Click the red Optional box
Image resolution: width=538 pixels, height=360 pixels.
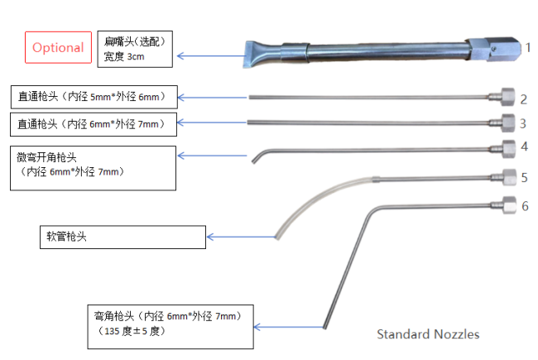click(58, 48)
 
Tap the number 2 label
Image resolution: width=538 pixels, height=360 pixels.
click(523, 99)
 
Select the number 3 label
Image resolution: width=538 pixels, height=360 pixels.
click(523, 124)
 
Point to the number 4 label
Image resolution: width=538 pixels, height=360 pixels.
click(524, 146)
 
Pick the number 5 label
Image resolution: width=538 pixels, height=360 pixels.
click(524, 177)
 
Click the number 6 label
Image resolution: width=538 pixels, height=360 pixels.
click(524, 205)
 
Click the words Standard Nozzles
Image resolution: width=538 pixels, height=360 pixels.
click(428, 334)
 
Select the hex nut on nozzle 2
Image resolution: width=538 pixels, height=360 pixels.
click(499, 98)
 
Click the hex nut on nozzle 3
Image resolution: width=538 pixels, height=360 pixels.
click(499, 124)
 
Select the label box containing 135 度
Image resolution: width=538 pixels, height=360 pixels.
click(173, 324)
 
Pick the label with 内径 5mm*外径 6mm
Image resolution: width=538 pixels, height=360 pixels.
click(98, 98)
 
